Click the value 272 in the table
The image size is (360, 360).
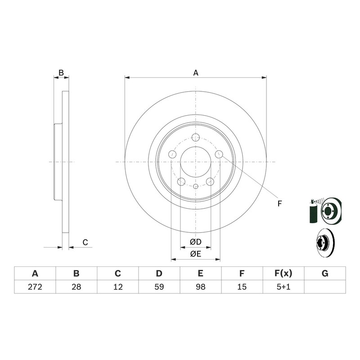(x=35, y=287)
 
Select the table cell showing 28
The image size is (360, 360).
(x=76, y=287)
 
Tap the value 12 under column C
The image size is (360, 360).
(x=118, y=287)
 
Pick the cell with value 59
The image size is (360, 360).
(x=159, y=287)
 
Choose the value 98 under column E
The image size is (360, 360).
(x=201, y=287)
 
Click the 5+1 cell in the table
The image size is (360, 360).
(x=283, y=287)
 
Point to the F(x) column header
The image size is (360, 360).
(x=283, y=274)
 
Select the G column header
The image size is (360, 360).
(x=325, y=274)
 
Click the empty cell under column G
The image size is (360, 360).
(x=325, y=287)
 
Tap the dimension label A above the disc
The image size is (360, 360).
(x=196, y=73)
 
